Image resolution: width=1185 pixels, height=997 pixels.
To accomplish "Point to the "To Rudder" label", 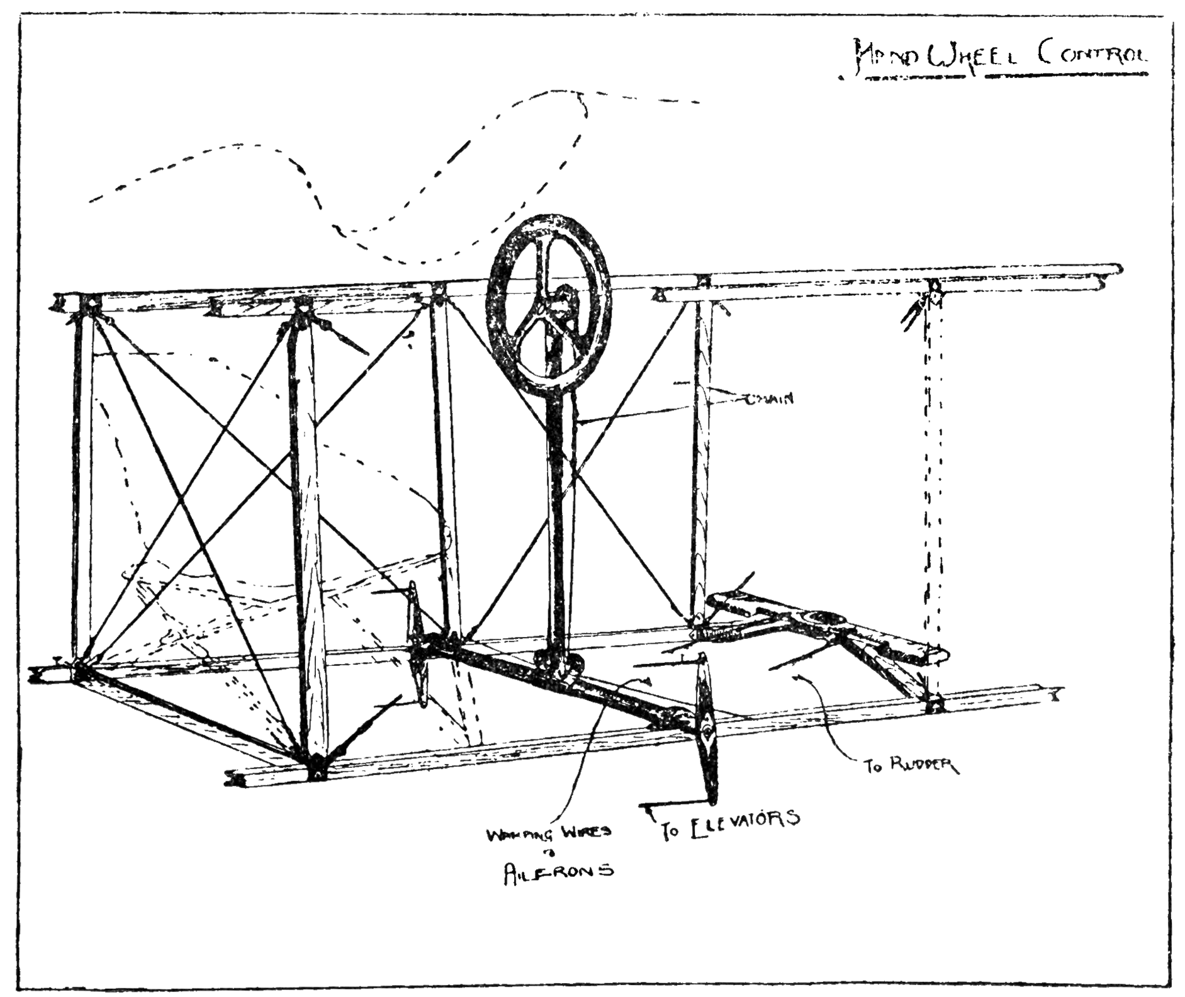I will pyautogui.click(x=910, y=765).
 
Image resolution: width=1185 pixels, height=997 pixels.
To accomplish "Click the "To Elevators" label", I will pyautogui.click(x=730, y=825).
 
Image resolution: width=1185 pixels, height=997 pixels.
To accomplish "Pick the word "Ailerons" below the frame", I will pyautogui.click(x=558, y=874).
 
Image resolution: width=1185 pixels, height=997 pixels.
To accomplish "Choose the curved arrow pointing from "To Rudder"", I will pyautogui.click(x=831, y=724).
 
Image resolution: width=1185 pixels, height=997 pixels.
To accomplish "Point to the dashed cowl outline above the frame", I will pyautogui.click(x=378, y=189).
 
